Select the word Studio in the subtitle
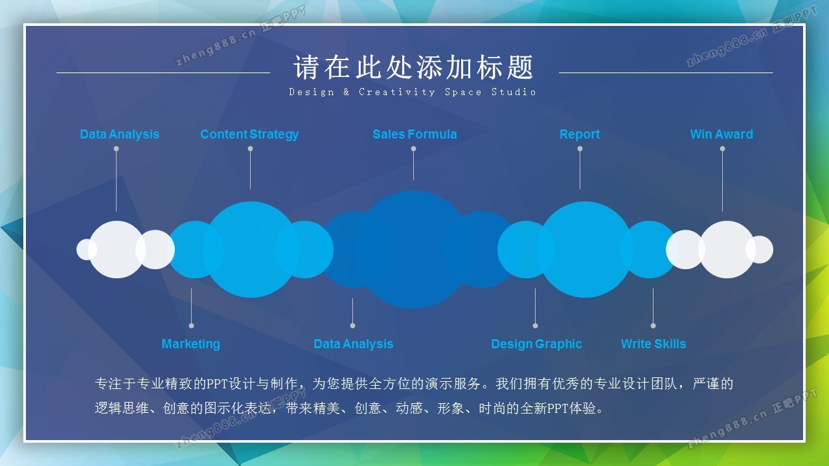tap(514, 92)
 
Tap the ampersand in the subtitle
tap(346, 92)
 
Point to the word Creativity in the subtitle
tap(397, 92)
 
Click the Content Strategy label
tap(249, 134)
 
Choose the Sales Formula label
tap(414, 134)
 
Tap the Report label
tap(580, 134)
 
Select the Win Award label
tap(721, 134)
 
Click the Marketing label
tap(191, 344)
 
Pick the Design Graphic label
tap(536, 344)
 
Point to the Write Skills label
tap(653, 344)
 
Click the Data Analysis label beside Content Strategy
tap(120, 134)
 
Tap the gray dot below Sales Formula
tap(413, 149)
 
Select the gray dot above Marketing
tap(191, 326)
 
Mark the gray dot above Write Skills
tap(653, 326)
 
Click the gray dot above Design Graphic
tap(535, 326)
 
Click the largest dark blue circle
tap(413, 250)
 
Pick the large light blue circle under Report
tap(585, 250)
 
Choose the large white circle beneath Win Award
tap(727, 250)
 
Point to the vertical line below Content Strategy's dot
tap(250, 170)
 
